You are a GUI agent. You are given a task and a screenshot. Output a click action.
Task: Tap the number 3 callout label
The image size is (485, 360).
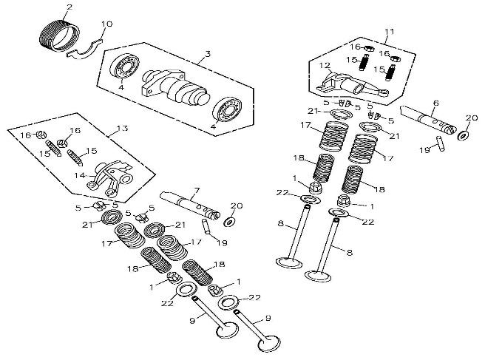click(x=208, y=54)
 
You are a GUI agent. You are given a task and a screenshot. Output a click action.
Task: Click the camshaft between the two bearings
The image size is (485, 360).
click(x=174, y=86)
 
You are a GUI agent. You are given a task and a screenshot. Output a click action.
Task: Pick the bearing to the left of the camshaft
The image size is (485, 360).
click(x=125, y=67)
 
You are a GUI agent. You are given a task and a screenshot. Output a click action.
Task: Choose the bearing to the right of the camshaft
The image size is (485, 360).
click(x=228, y=112)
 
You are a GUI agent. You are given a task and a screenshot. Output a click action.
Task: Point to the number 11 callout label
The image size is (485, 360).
click(x=390, y=32)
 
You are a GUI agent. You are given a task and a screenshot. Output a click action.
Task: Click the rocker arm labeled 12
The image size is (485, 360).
click(x=352, y=84)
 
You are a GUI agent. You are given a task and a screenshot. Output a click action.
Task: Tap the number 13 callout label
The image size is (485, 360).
click(x=122, y=128)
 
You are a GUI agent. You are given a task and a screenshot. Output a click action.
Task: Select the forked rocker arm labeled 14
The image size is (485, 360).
click(x=110, y=178)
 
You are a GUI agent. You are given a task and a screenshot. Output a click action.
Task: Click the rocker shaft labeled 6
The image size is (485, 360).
click(x=429, y=119)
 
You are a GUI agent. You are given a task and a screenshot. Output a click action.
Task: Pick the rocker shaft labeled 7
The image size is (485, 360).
click(x=190, y=205)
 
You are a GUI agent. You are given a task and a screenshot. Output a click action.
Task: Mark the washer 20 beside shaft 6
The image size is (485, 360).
click(x=463, y=135)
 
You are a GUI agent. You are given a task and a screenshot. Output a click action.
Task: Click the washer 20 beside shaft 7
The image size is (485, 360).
click(x=229, y=222)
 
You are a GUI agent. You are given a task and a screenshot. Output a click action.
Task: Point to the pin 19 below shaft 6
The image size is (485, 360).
click(x=441, y=143)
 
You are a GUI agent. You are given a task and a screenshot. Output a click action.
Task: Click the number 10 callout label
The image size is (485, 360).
click(x=106, y=24)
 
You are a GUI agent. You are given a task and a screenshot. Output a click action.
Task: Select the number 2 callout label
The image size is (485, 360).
click(x=69, y=7)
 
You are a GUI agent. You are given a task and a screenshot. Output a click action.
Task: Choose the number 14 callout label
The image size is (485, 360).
click(x=79, y=176)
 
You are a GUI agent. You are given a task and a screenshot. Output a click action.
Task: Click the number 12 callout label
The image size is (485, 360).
click(x=325, y=65)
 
